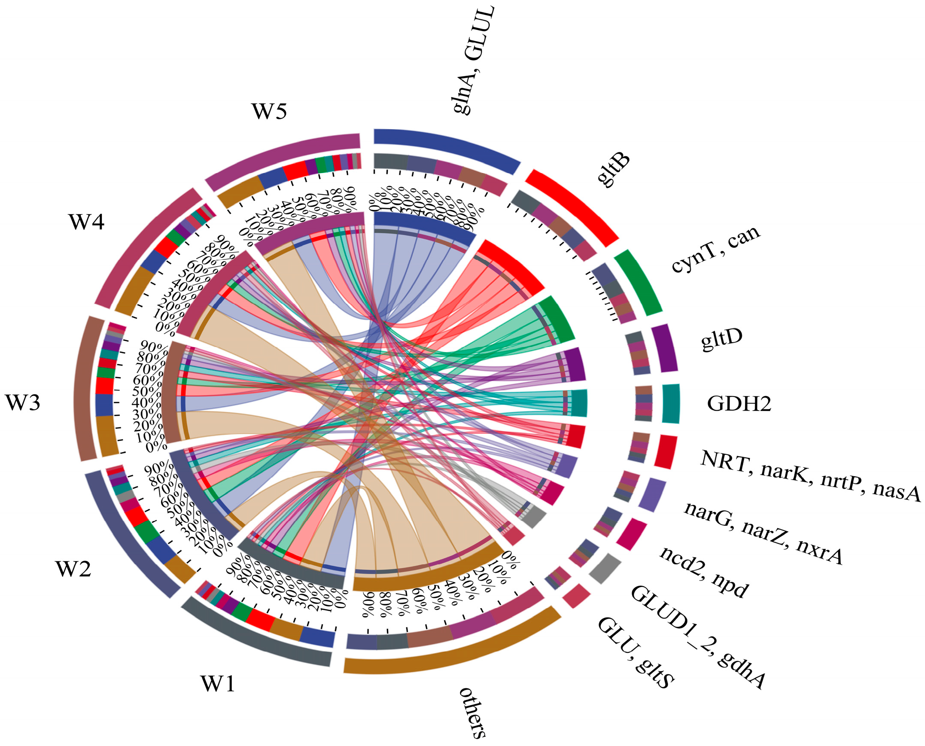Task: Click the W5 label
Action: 269,111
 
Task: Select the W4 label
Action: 86,222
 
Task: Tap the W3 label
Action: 23,403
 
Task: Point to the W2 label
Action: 73,569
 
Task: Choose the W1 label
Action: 218,684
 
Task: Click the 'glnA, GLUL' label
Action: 474,60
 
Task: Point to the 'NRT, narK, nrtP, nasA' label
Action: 810,476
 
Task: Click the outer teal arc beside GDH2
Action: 671,404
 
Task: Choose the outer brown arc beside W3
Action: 86,389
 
